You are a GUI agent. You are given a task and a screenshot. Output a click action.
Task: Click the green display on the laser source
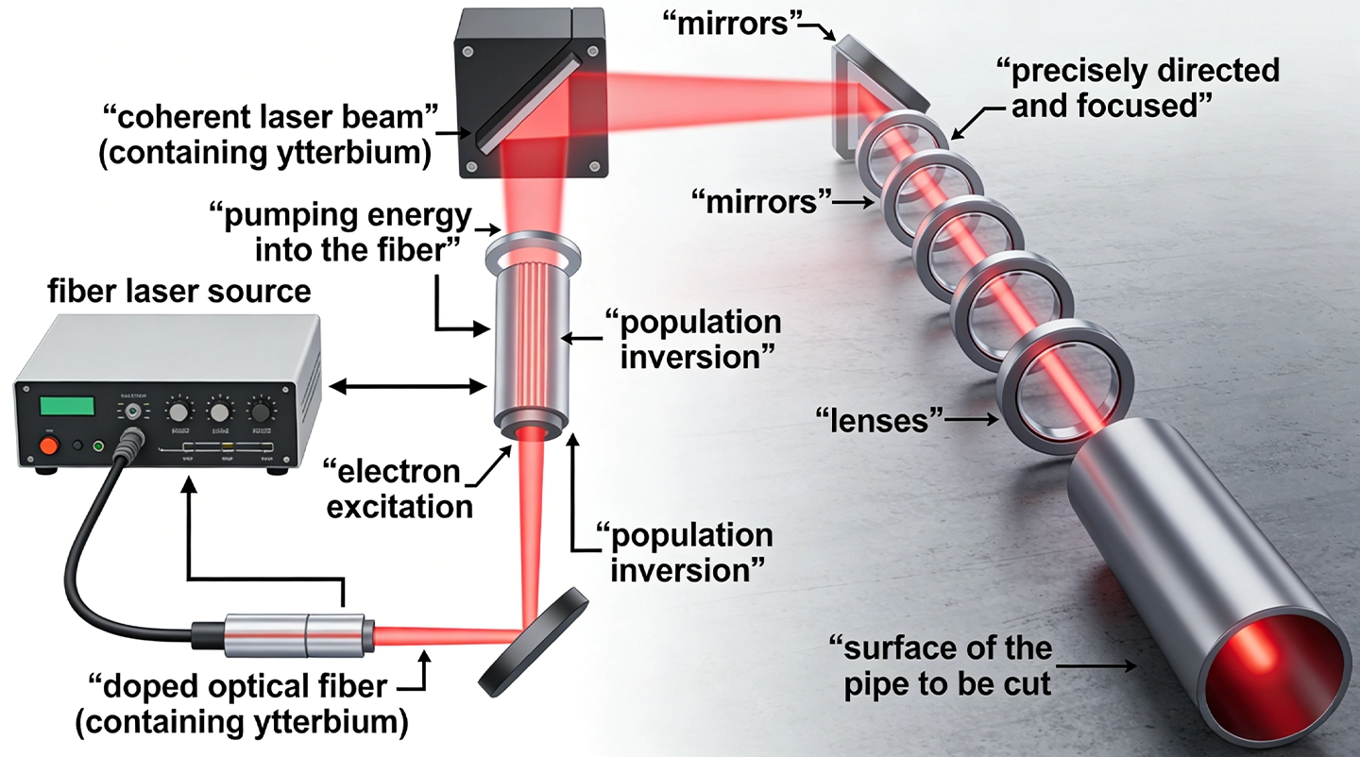pyautogui.click(x=68, y=407)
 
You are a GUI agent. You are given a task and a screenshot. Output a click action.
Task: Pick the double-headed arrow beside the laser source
pyautogui.click(x=405, y=384)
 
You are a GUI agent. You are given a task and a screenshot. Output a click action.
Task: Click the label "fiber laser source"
pyautogui.click(x=179, y=291)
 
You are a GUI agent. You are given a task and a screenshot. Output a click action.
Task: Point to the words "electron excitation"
pyautogui.click(x=398, y=489)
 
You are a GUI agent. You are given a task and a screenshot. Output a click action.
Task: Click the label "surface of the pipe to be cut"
pyautogui.click(x=939, y=664)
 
